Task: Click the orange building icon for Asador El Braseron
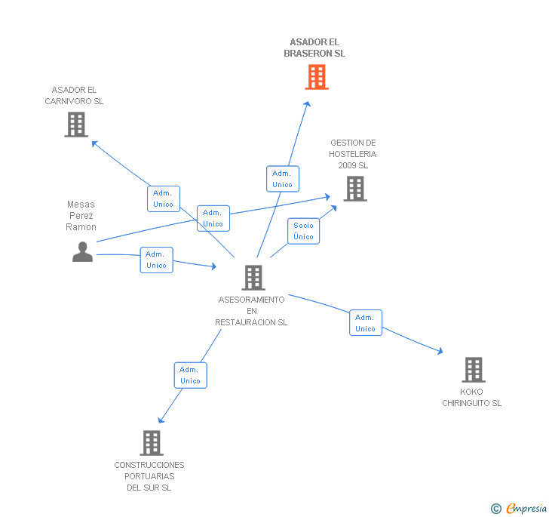click(317, 77)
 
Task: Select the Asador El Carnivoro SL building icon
click(76, 125)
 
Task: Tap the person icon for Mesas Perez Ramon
click(82, 251)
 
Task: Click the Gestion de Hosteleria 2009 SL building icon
click(354, 189)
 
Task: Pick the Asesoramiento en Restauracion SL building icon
click(253, 278)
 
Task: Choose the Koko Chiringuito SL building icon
click(473, 370)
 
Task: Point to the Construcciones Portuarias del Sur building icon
click(152, 443)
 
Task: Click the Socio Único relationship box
click(303, 231)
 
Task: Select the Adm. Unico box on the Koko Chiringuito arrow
click(365, 323)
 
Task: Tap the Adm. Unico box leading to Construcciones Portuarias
click(190, 375)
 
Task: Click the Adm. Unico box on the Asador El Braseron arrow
click(282, 179)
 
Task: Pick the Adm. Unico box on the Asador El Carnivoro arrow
click(163, 198)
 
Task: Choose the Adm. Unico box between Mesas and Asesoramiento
click(156, 260)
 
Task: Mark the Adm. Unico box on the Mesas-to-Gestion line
click(213, 218)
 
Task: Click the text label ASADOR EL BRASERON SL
click(314, 48)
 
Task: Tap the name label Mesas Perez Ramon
click(81, 216)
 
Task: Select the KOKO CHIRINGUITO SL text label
click(471, 398)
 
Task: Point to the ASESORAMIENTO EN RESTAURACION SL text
click(251, 311)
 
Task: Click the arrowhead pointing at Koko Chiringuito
click(439, 351)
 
